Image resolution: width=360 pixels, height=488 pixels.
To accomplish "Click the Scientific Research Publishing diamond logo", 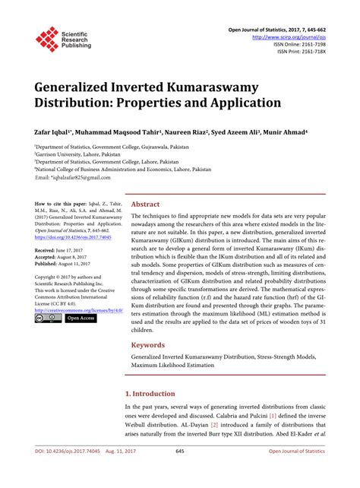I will [46, 38].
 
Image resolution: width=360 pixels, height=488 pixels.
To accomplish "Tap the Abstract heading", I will [145, 204].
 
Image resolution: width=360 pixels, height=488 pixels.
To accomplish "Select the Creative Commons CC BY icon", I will [47, 319].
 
